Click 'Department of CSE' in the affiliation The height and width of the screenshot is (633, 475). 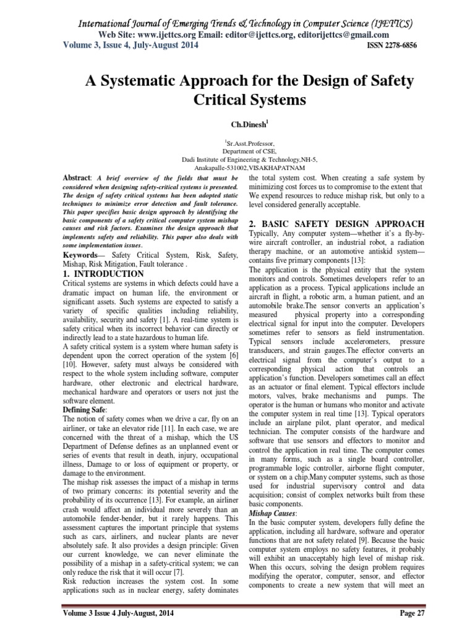237,150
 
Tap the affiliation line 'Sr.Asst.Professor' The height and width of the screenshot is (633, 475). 237,142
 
